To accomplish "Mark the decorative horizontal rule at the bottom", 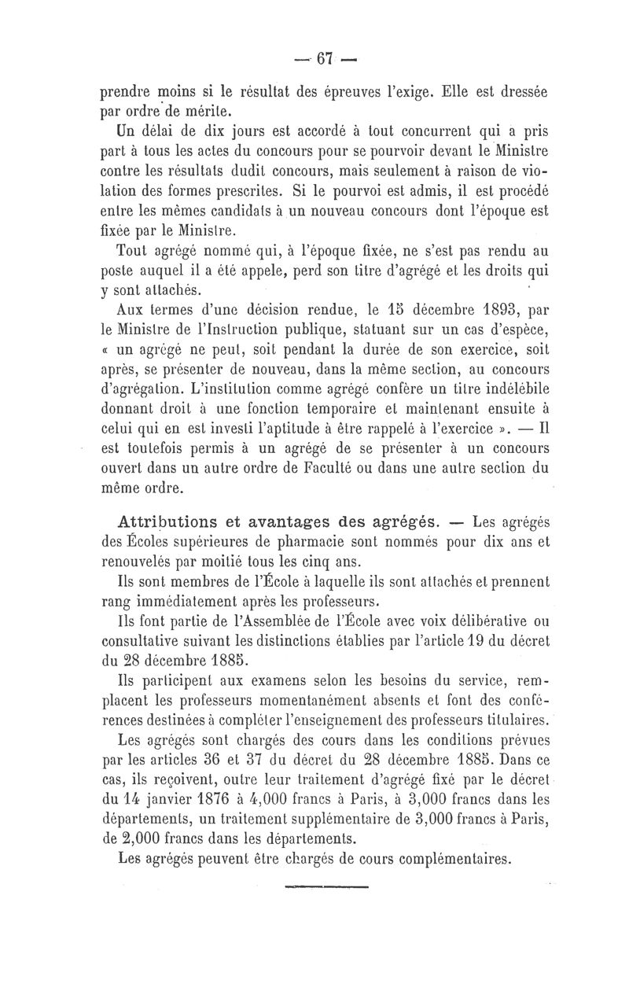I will (x=324, y=887).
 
